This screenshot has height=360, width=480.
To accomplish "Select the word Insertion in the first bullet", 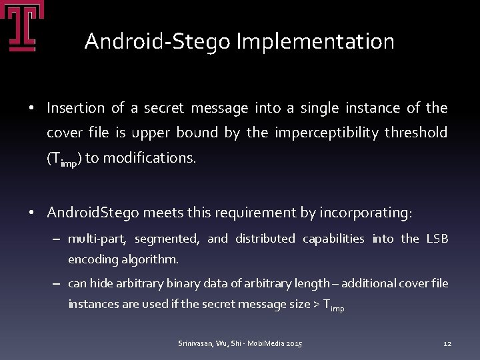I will tap(76, 108).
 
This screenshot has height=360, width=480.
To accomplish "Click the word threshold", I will tap(416, 133).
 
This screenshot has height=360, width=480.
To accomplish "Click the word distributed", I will tap(265, 239).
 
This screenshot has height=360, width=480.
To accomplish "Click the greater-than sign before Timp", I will tap(315, 305).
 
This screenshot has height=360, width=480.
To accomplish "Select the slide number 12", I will tap(447, 343).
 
